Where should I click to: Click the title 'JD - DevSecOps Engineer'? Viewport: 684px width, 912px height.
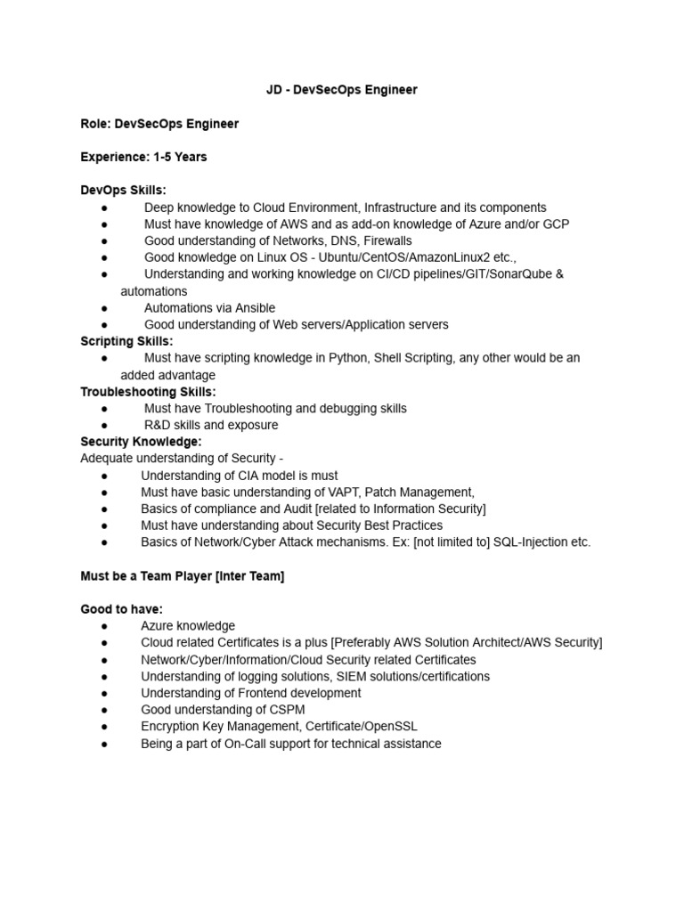tap(342, 90)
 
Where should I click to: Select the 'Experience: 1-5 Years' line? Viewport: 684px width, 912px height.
tap(143, 157)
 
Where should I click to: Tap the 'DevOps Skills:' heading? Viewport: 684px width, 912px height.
tap(123, 191)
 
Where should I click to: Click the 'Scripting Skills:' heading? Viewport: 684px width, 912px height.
tap(126, 341)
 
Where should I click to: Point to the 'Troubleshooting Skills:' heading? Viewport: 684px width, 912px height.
tap(148, 392)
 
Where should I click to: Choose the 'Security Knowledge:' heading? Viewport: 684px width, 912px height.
tap(141, 442)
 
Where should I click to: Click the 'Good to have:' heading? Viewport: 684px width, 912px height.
tap(121, 609)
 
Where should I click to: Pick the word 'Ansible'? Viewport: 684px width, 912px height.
tap(254, 308)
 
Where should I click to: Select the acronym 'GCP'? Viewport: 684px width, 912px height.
tap(554, 224)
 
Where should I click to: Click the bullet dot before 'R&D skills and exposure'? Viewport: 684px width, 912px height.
tap(105, 426)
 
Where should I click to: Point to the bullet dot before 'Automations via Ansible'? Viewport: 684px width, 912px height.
tap(105, 308)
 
